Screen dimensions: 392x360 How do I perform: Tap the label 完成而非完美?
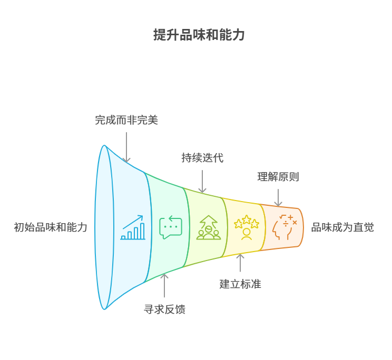click(x=126, y=120)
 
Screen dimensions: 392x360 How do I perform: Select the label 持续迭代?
click(x=202, y=158)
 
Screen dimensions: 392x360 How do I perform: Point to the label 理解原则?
click(x=278, y=177)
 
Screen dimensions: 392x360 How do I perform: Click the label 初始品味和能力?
click(x=51, y=227)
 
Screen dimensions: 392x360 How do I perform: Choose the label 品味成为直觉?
click(x=342, y=227)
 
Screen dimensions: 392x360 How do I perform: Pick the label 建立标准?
click(x=240, y=284)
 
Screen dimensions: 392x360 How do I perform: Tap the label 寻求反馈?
click(x=164, y=309)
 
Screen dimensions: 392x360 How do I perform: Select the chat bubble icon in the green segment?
click(x=171, y=227)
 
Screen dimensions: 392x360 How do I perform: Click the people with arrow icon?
click(x=209, y=227)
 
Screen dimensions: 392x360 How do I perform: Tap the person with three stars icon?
click(x=247, y=227)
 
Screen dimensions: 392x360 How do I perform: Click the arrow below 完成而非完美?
click(x=126, y=147)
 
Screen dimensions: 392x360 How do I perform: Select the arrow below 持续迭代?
click(x=202, y=181)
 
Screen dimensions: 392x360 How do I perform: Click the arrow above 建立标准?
click(x=240, y=263)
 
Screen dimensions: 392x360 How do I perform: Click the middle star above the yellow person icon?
click(x=247, y=219)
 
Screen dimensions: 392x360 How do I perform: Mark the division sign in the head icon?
click(x=286, y=223)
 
